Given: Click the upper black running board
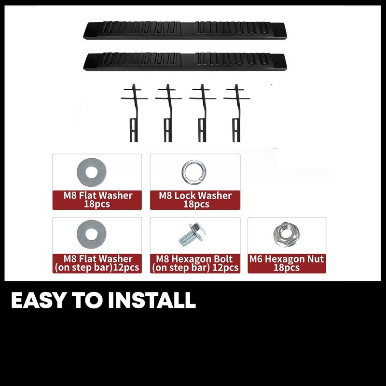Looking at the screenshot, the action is click(x=185, y=31).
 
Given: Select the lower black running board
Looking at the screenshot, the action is click(x=185, y=62).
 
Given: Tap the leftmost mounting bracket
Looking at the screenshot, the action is click(x=134, y=113).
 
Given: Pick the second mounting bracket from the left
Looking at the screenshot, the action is click(x=168, y=113).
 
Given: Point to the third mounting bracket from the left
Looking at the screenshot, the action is click(x=202, y=113).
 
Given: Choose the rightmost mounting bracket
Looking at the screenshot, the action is click(x=236, y=113).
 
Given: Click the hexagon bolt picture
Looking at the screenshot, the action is click(x=193, y=234).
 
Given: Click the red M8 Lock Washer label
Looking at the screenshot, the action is click(x=195, y=200).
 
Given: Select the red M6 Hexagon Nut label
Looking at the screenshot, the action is click(x=287, y=263).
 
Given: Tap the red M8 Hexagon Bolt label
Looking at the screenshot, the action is click(x=195, y=263).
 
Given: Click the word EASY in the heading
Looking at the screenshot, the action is click(x=39, y=300).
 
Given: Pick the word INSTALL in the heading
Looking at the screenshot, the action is click(x=152, y=300).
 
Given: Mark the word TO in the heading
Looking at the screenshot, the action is click(x=87, y=300).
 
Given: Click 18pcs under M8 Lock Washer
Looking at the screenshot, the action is click(x=196, y=204).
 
